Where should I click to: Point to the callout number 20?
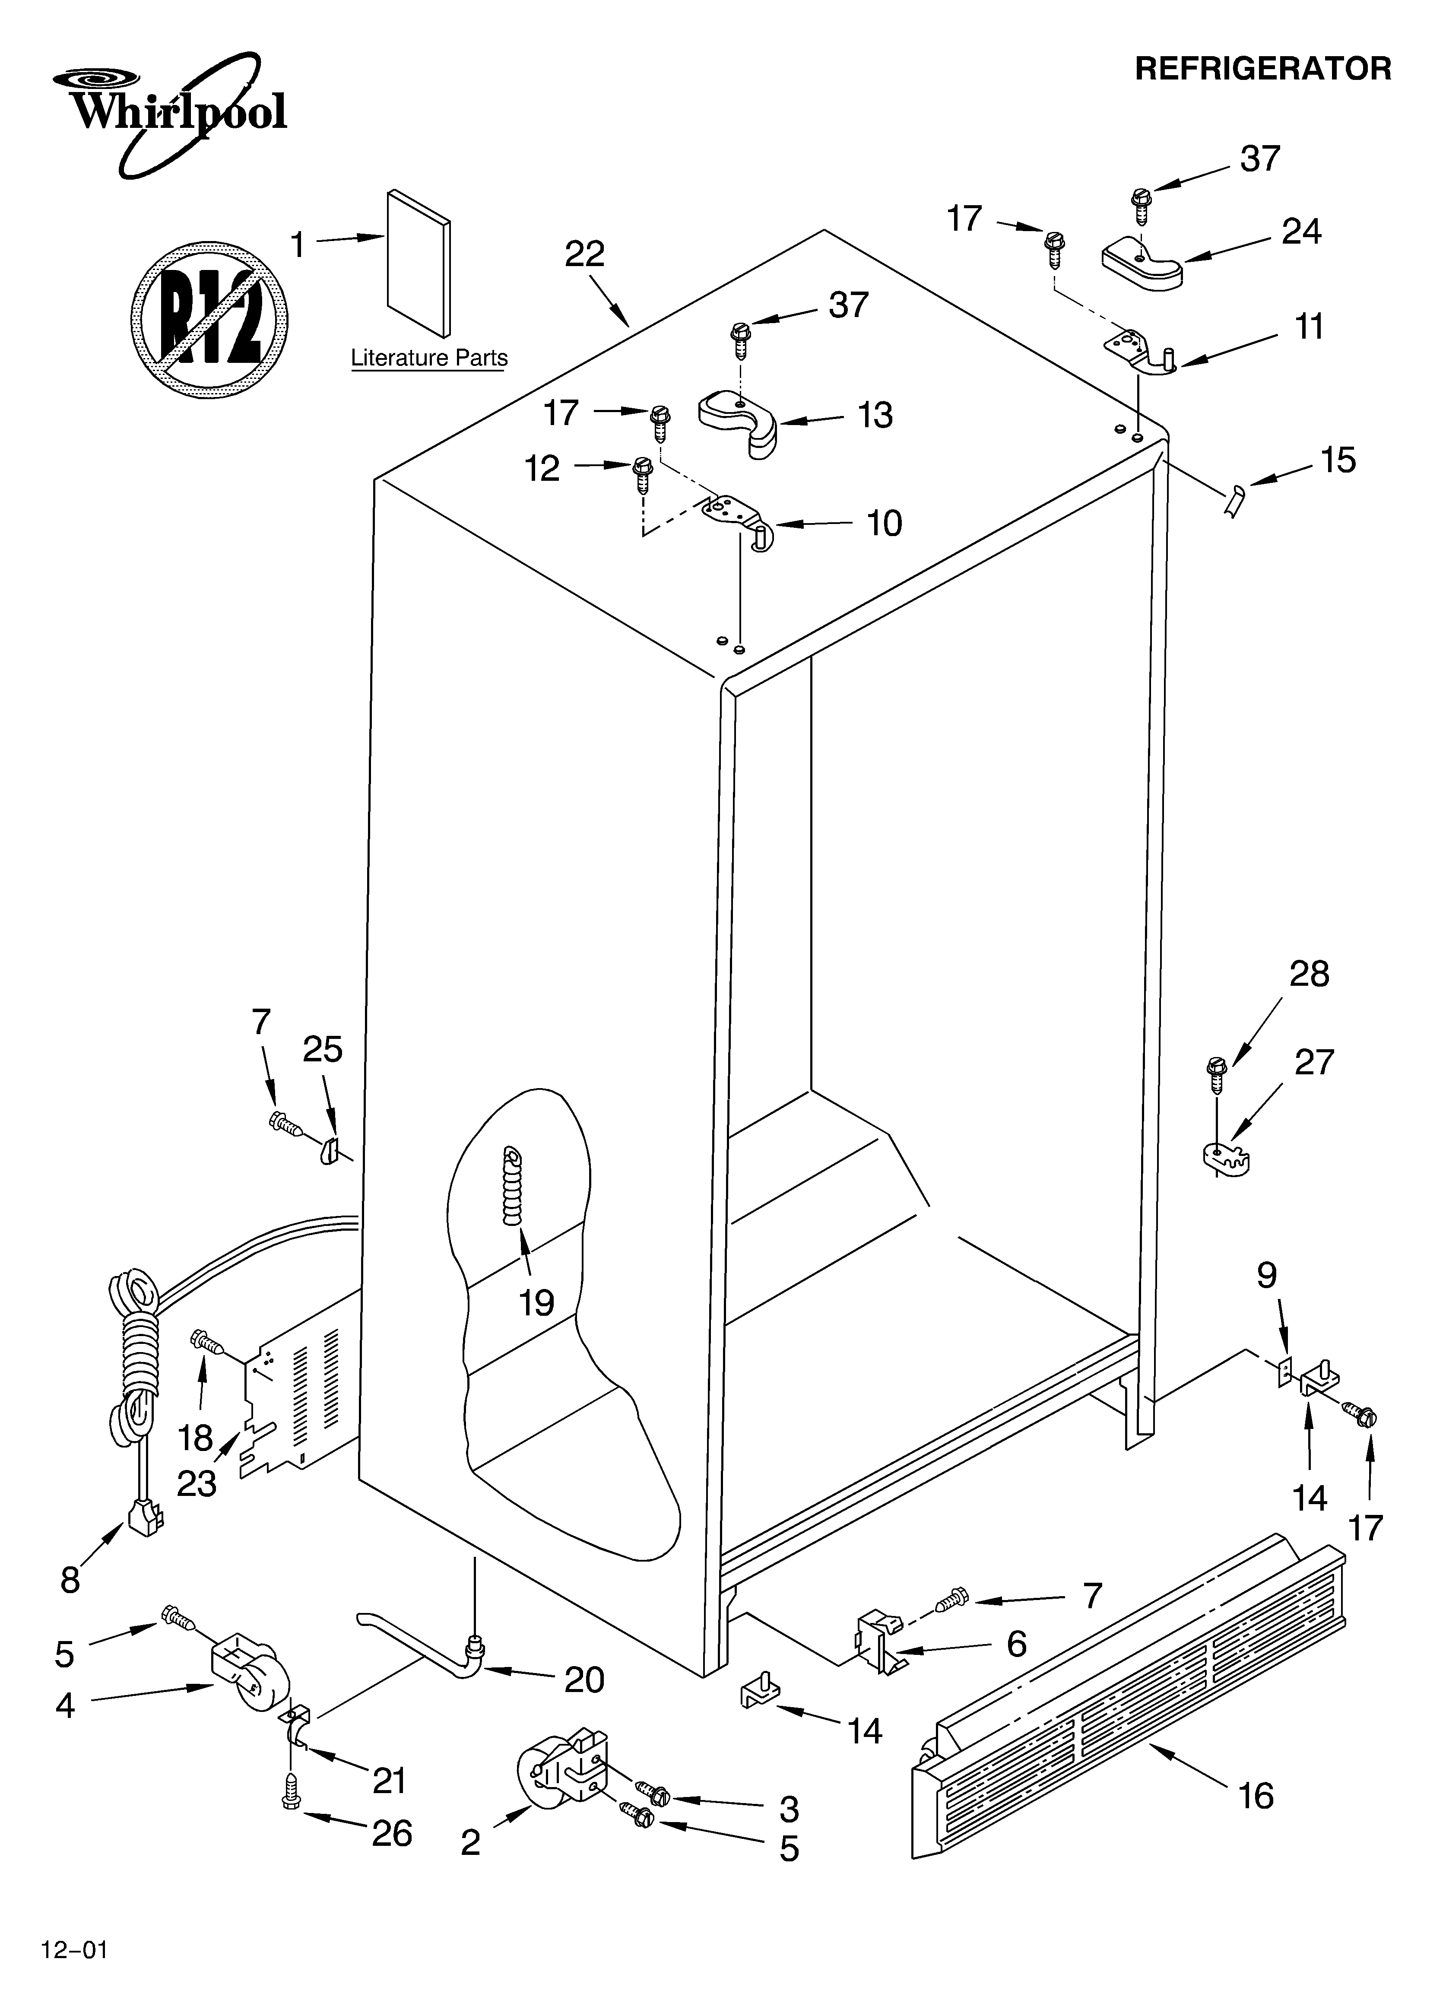tap(584, 1680)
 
